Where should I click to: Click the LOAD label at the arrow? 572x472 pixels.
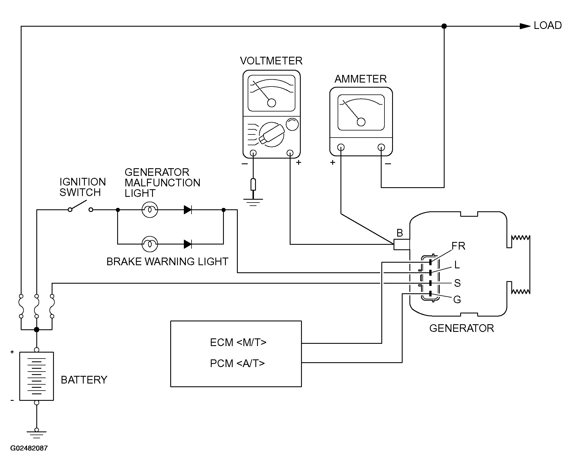click(548, 26)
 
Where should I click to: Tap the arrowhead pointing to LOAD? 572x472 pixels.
click(525, 26)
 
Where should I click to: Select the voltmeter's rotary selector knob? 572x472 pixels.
click(272, 134)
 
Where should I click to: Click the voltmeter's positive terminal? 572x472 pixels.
click(290, 153)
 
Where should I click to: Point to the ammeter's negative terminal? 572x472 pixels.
click(381, 147)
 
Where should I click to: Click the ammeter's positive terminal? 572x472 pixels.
click(341, 147)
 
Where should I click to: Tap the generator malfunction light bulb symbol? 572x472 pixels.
click(150, 210)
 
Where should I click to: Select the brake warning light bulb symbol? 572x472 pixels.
click(150, 244)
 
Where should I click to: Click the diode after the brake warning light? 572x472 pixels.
click(188, 244)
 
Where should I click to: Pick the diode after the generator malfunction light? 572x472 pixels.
click(188, 210)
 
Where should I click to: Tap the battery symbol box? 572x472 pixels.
click(37, 376)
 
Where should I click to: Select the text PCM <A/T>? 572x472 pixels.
click(237, 363)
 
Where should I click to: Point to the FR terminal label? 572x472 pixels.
click(459, 246)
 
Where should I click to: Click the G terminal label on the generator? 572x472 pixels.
click(457, 300)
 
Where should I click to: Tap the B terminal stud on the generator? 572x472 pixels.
click(402, 245)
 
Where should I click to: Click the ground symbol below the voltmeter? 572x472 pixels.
click(253, 202)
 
